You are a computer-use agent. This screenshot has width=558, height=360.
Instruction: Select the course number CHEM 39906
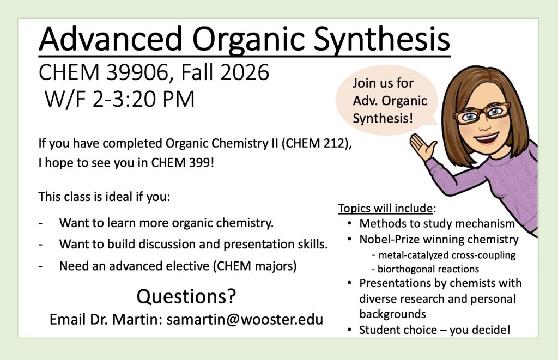pos(104,72)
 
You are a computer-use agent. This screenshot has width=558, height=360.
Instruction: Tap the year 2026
pos(245,72)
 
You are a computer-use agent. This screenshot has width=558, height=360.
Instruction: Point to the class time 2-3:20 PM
pos(143,99)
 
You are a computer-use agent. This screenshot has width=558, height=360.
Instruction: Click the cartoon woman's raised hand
pos(423,147)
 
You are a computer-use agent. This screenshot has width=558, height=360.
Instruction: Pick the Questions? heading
pos(186,296)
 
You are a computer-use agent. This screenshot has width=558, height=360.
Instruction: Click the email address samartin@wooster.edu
pos(245,319)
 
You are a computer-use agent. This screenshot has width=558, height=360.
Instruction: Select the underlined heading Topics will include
pos(385,208)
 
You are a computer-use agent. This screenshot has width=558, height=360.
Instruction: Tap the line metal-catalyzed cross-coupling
pos(444,255)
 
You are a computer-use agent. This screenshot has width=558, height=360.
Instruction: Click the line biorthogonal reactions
pos(425,269)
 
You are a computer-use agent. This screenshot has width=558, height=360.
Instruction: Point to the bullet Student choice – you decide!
pos(434,330)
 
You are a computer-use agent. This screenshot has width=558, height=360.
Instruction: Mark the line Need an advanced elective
pos(178,266)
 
